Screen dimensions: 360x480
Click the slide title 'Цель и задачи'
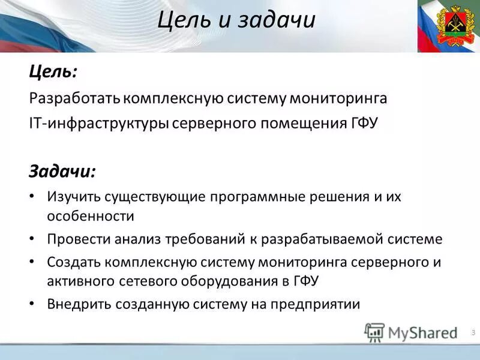click(237, 20)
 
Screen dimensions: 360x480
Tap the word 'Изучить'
click(73, 197)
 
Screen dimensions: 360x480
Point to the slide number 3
click(473, 332)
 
